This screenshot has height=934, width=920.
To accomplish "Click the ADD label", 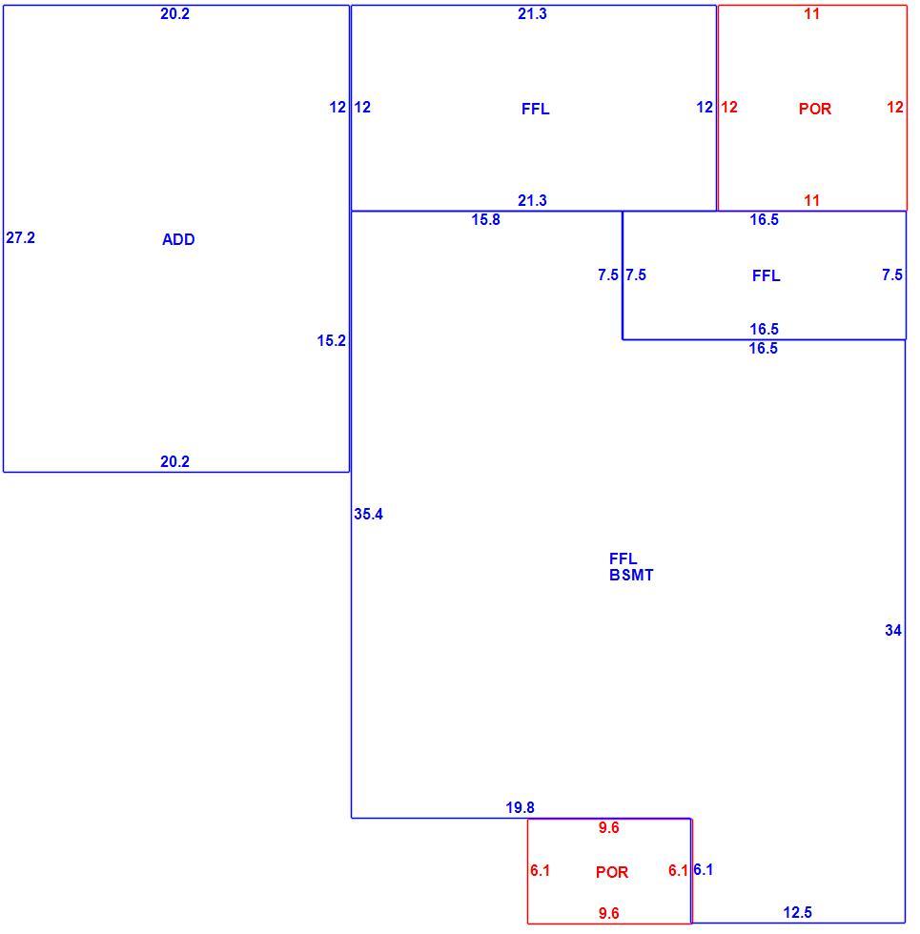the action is (x=178, y=239).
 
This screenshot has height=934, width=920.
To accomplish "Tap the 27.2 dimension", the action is (x=20, y=237).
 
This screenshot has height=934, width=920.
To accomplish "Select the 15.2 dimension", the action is (x=332, y=341).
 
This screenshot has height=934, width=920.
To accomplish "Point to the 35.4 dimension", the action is (x=368, y=514).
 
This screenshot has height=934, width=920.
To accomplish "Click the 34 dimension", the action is (x=893, y=630).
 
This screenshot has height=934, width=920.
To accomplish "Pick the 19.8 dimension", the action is (x=521, y=808).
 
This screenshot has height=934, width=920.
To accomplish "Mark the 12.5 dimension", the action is (x=797, y=913).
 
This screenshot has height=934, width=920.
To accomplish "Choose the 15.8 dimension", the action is (x=485, y=220).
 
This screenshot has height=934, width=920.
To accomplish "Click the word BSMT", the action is (x=631, y=575).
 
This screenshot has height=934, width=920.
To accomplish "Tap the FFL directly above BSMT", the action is (x=623, y=558).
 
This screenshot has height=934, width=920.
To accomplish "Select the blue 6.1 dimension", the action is (x=704, y=869).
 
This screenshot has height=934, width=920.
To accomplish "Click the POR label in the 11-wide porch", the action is (x=815, y=109).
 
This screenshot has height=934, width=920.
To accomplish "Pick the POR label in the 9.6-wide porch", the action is (x=612, y=872).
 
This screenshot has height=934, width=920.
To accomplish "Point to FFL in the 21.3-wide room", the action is (x=535, y=109).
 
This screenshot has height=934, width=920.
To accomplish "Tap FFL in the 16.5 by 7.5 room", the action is (x=766, y=275).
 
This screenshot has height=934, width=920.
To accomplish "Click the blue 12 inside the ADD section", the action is (x=337, y=107).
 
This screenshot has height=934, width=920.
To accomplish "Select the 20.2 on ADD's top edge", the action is (x=174, y=13).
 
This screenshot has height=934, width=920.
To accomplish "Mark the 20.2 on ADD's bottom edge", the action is (x=174, y=461).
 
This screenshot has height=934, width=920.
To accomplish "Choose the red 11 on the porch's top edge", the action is (x=811, y=13).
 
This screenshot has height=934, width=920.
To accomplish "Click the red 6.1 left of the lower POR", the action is (x=540, y=871).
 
